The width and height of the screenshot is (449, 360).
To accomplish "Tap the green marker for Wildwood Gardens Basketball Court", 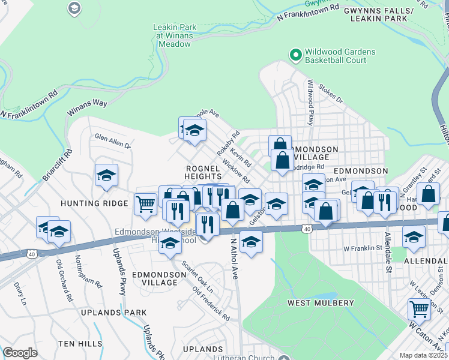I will pyautogui.click(x=295, y=56).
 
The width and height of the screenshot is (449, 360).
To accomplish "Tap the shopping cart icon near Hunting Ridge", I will pyautogui.click(x=145, y=205).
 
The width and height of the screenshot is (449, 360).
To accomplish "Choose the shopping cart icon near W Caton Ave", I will pyautogui.click(x=419, y=309).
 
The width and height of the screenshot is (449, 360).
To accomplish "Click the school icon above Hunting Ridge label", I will pyautogui.click(x=106, y=175).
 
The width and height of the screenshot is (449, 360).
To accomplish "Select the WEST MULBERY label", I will pyautogui.click(x=321, y=303).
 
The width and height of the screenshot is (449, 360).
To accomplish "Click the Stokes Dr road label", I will pyautogui.click(x=330, y=93).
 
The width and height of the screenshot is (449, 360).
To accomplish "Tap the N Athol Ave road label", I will pyautogui.click(x=235, y=258).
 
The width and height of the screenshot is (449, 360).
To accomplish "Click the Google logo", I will pyautogui.click(x=20, y=353).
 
